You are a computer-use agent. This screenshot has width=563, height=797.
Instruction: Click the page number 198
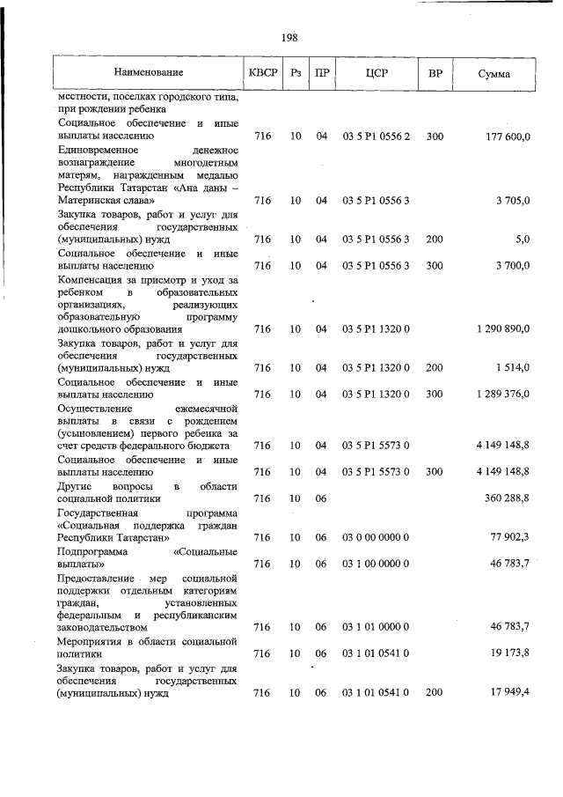289,37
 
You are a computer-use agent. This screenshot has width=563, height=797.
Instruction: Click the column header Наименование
148,72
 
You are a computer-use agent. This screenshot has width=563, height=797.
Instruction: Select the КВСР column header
262,72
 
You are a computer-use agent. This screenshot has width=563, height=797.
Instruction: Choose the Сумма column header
494,72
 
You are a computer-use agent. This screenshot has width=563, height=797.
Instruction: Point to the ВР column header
435,72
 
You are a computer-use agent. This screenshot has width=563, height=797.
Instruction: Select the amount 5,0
521,240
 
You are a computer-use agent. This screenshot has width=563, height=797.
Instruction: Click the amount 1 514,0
511,367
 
